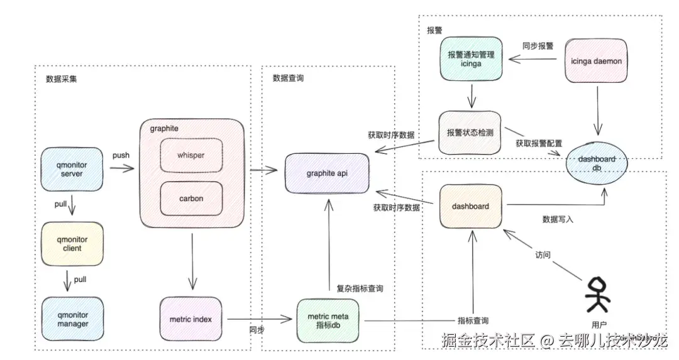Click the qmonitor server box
click(x=72, y=169)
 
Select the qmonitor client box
click(x=72, y=244)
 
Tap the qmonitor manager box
click(x=72, y=319)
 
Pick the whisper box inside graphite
click(x=190, y=155)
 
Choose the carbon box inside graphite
click(x=190, y=199)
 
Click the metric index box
click(x=190, y=319)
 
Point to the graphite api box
click(x=327, y=173)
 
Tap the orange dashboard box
click(x=470, y=206)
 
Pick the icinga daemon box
click(x=595, y=61)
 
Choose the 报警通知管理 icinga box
click(x=471, y=59)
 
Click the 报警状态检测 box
click(x=470, y=133)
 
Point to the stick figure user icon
click(x=597, y=295)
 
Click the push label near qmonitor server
click(x=121, y=155)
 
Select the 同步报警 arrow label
click(x=538, y=46)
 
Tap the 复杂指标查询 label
click(x=360, y=288)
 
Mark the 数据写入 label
click(x=558, y=219)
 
